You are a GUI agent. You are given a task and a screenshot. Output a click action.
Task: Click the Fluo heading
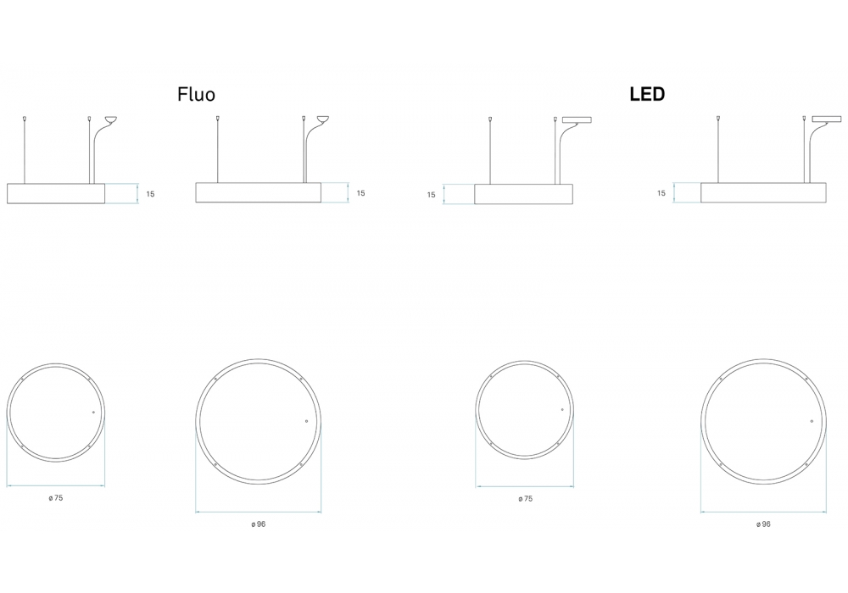pyautogui.click(x=197, y=95)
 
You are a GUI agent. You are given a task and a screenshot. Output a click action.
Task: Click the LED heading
pyautogui.click(x=647, y=95)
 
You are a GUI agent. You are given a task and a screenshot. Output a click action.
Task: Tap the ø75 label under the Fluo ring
pyautogui.click(x=56, y=498)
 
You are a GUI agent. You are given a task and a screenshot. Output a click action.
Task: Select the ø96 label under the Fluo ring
pyautogui.click(x=259, y=524)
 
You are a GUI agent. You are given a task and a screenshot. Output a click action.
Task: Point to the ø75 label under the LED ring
pyautogui.click(x=525, y=498)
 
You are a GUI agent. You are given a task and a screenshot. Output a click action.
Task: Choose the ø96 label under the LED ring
pyautogui.click(x=763, y=524)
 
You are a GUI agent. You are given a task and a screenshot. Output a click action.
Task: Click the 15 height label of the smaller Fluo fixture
pyautogui.click(x=150, y=194)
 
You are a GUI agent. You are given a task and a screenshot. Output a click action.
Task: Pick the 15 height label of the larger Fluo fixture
pyautogui.click(x=360, y=193)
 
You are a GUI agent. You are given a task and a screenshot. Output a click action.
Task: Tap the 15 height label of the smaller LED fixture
pyautogui.click(x=431, y=195)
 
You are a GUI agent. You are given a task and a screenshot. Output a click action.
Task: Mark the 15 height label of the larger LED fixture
pyautogui.click(x=661, y=193)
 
